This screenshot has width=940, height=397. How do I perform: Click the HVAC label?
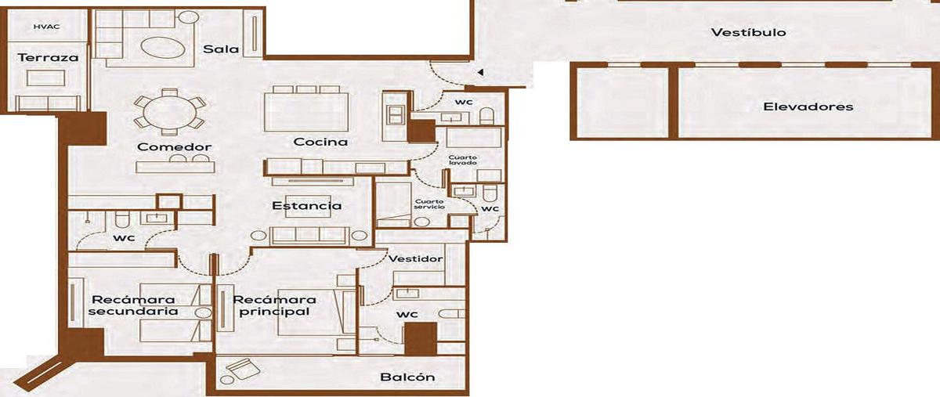46,27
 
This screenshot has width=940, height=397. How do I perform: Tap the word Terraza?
49,57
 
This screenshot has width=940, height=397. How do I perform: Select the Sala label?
221,49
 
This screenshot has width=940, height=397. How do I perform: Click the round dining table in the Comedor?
170,113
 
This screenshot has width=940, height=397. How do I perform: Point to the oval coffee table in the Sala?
162,49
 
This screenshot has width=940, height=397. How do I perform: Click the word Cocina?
320,142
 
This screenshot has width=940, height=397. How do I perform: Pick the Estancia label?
307,206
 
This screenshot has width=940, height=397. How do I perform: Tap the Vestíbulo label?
749,32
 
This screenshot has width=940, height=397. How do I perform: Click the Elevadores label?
808,106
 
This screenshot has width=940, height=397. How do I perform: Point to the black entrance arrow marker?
481,73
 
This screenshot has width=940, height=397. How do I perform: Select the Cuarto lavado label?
462,160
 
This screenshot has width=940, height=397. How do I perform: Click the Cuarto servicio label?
429,204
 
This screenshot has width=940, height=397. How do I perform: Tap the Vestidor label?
415,258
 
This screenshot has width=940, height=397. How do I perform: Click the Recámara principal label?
274,305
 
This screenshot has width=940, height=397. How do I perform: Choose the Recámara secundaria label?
133,305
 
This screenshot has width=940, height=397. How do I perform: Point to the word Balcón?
407,377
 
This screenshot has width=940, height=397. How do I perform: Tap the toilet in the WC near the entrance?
486,116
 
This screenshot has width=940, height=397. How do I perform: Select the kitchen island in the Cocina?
306,112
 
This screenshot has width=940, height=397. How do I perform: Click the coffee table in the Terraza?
45,78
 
